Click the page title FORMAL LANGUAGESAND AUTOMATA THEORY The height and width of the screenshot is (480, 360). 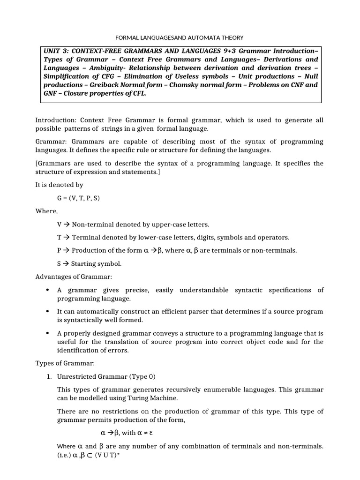[x=180, y=37]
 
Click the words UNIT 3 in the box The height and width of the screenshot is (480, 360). [x=56, y=51]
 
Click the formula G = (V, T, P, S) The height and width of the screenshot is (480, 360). [x=78, y=198]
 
